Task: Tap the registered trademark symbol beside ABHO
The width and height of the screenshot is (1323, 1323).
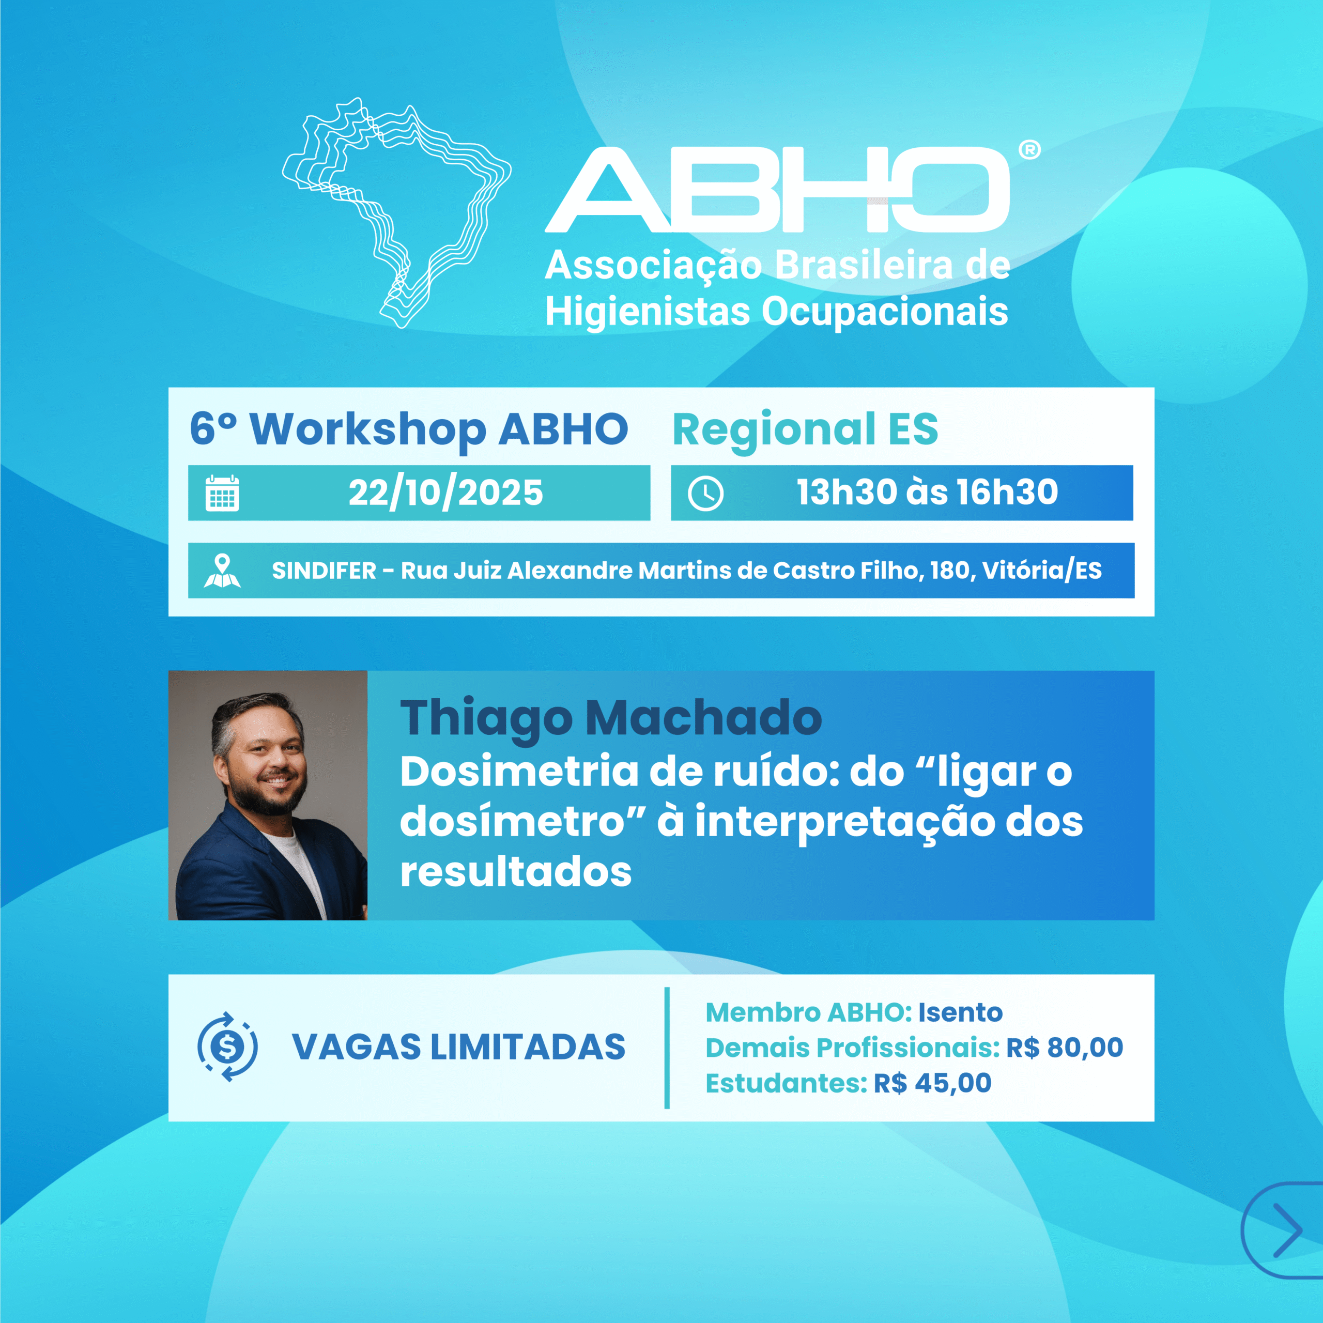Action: [x=1029, y=150]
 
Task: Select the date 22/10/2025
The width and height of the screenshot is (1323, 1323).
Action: [x=446, y=493]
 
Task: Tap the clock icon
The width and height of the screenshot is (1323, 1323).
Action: [x=705, y=494]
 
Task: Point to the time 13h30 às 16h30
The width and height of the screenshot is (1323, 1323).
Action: [x=927, y=493]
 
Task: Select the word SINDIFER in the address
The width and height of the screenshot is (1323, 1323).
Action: [x=324, y=571]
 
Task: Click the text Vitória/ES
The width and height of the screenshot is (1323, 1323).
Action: [x=1042, y=571]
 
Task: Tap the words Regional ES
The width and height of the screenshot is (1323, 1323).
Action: [x=805, y=429]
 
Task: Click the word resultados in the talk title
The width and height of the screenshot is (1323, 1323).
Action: [x=516, y=872]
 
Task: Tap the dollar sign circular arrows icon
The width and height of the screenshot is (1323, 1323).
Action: [x=227, y=1047]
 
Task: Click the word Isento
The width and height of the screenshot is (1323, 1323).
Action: [x=960, y=1012]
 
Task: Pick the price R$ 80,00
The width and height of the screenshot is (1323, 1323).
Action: [x=1064, y=1048]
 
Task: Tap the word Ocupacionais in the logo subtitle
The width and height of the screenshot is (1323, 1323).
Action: [x=885, y=312]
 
